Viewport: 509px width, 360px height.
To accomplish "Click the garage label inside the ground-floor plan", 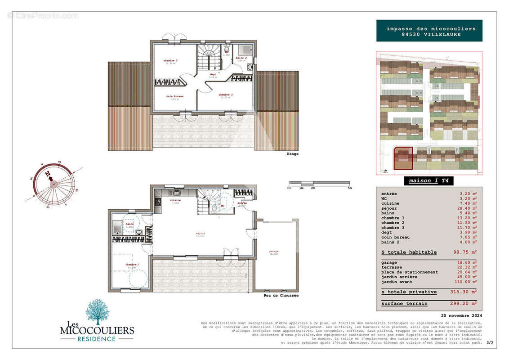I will [x=274, y=252].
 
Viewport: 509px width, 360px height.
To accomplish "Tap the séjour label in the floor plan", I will [x=200, y=234].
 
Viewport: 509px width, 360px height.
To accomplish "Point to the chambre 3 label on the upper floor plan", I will [x=226, y=95].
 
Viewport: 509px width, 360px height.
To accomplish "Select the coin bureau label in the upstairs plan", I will [x=174, y=96].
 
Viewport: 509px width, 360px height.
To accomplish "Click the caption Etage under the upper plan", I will [x=292, y=154].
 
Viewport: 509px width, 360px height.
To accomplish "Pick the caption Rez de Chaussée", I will [x=281, y=296].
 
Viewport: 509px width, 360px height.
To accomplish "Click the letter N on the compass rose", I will [x=48, y=174].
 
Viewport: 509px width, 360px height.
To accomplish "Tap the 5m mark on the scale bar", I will [x=349, y=188].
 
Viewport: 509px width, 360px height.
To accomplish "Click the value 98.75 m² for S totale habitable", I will [x=465, y=252].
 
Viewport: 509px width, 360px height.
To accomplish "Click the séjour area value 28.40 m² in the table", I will [x=466, y=208].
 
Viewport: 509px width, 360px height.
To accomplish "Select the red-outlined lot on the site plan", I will [x=403, y=158].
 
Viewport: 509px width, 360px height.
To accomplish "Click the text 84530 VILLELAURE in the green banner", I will [x=429, y=35].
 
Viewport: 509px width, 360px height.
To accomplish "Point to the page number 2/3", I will [x=489, y=343].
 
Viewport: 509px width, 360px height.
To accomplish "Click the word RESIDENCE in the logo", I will [x=97, y=339].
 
